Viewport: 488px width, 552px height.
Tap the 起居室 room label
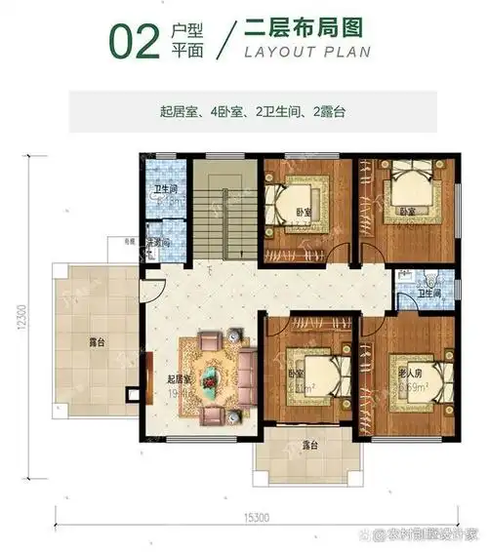click(x=178, y=379)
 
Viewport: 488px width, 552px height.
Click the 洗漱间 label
click(x=157, y=242)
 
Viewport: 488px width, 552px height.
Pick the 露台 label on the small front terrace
click(x=309, y=447)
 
